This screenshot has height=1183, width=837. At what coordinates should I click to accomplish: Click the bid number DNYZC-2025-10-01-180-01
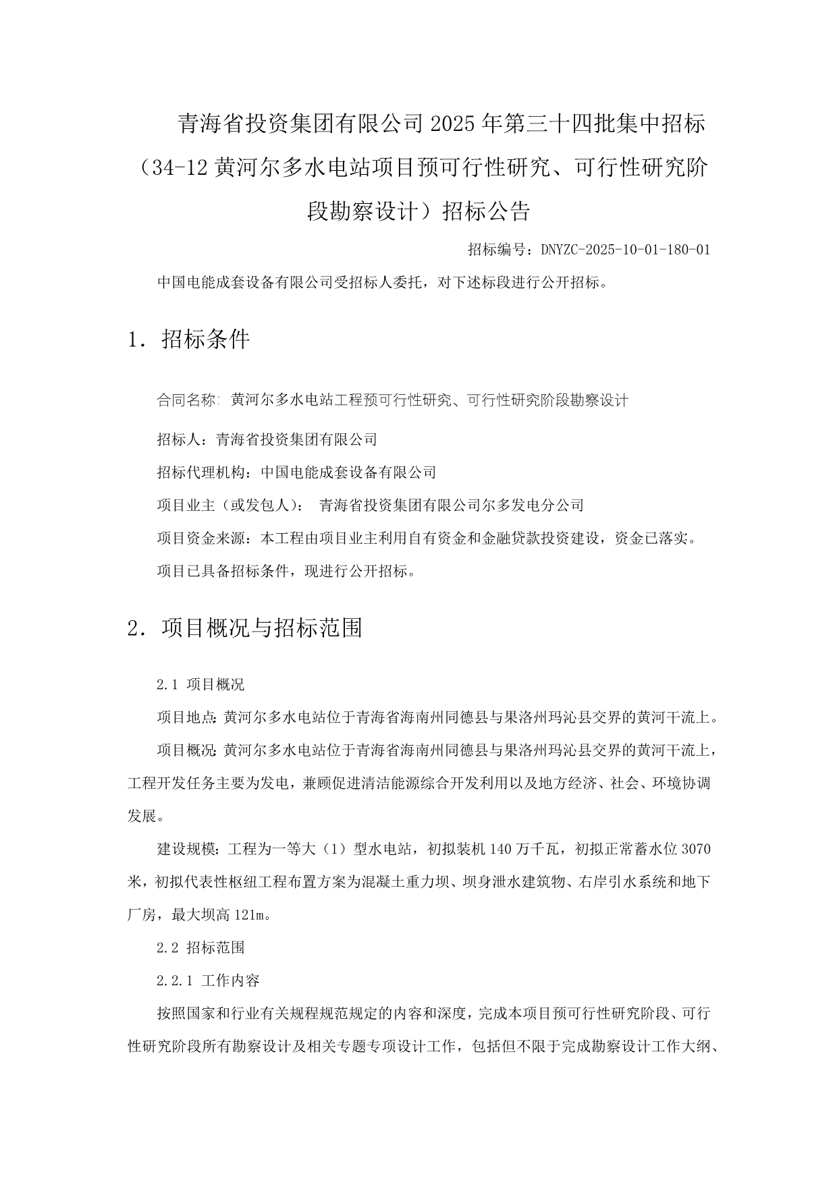pos(625,250)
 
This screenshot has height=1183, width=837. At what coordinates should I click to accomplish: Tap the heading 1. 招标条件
pos(188,339)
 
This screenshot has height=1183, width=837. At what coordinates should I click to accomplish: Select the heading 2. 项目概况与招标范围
pos(245,628)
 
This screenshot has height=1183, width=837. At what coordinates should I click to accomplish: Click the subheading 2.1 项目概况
pos(200,685)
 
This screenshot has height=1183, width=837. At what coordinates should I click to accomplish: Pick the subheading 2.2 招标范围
pos(200,947)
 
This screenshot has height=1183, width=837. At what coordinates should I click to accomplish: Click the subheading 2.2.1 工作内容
pos(208,981)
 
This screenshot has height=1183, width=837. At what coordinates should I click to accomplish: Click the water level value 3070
pos(697,849)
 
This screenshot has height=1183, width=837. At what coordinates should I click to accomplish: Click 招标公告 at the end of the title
pos(486,212)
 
